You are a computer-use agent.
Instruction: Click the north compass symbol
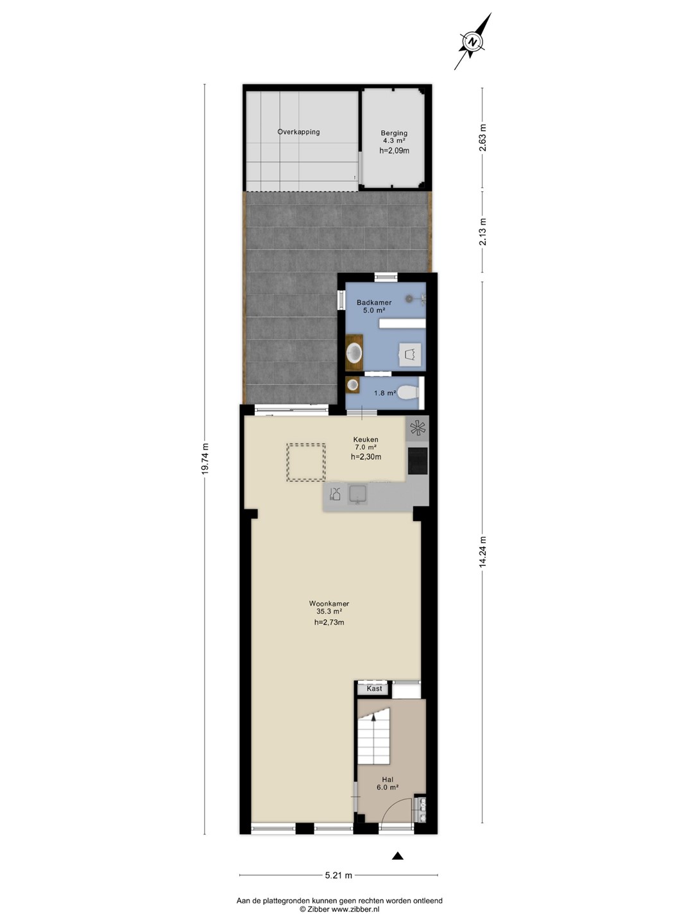(x=473, y=41)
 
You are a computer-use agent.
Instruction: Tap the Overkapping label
(x=298, y=132)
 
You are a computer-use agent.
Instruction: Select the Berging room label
(x=394, y=133)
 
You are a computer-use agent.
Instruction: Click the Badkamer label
(x=374, y=302)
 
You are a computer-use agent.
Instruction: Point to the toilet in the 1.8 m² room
(x=409, y=393)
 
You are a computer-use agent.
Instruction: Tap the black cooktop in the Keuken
(x=417, y=461)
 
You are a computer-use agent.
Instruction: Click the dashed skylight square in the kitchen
(x=306, y=462)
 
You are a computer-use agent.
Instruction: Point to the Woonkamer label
(x=329, y=604)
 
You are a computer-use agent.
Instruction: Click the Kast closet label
(x=374, y=689)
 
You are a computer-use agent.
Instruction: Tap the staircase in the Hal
(x=373, y=736)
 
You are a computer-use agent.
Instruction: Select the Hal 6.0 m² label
(x=388, y=783)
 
